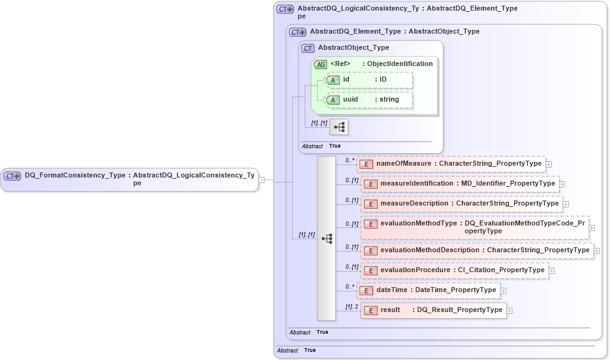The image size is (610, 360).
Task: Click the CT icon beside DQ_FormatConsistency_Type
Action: coord(12,176)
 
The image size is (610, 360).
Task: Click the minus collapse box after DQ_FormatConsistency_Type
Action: coord(262,180)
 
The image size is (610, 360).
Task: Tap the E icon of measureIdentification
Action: coord(371,184)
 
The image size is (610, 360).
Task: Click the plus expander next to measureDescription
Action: coord(566,204)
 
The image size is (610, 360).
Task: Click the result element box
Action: coord(434,310)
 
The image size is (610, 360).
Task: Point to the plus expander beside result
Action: coord(510,310)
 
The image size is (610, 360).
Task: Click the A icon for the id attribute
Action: coord(333,80)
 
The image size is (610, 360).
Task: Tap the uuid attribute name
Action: coord(351,99)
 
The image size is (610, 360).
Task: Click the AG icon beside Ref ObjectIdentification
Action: coord(320,64)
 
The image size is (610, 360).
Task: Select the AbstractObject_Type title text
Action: coord(353,47)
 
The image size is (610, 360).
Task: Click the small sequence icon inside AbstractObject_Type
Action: coord(339,127)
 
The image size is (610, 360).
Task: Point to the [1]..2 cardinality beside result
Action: coord(352,307)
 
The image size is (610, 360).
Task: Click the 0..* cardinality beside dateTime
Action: coord(350,287)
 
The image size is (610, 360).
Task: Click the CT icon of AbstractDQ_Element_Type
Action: coord(298,32)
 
